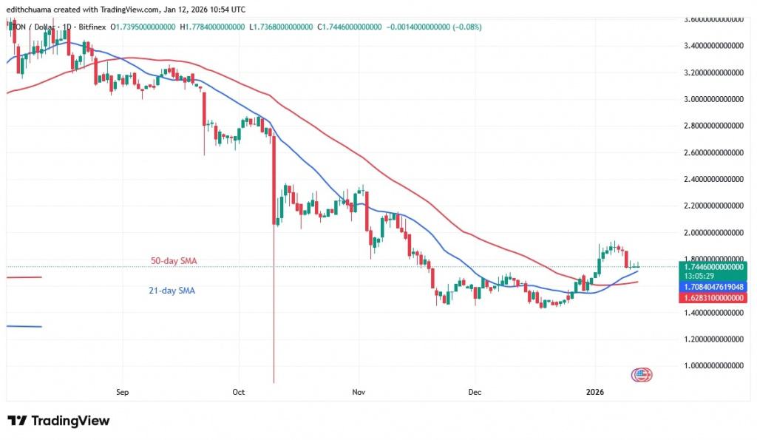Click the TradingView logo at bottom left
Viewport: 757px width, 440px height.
pyautogui.click(x=58, y=421)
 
